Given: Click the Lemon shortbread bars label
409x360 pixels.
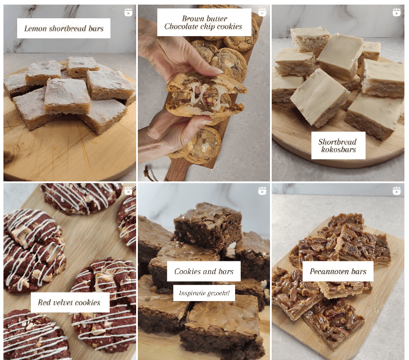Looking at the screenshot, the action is click(63, 29).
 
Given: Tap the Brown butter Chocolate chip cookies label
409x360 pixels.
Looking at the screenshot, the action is click(204, 22).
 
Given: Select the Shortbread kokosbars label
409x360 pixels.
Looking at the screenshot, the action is click(338, 145).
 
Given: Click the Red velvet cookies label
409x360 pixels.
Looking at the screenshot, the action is click(70, 302).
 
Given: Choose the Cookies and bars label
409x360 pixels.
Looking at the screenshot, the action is click(204, 271).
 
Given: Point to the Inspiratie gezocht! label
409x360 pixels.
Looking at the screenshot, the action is click(204, 293).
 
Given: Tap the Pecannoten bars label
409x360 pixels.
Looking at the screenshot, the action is click(338, 271).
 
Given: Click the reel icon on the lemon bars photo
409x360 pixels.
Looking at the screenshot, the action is click(128, 13).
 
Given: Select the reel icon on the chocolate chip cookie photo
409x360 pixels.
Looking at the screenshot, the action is click(262, 13).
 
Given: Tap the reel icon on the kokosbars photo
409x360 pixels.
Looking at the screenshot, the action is click(396, 13).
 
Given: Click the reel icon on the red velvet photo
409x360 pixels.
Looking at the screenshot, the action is click(128, 191).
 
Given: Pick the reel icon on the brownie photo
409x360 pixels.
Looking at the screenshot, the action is click(262, 191).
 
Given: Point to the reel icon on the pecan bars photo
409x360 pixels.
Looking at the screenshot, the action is click(396, 191).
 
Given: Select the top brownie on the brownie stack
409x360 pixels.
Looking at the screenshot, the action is click(208, 224).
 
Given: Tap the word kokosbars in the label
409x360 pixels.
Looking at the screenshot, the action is click(339, 149).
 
